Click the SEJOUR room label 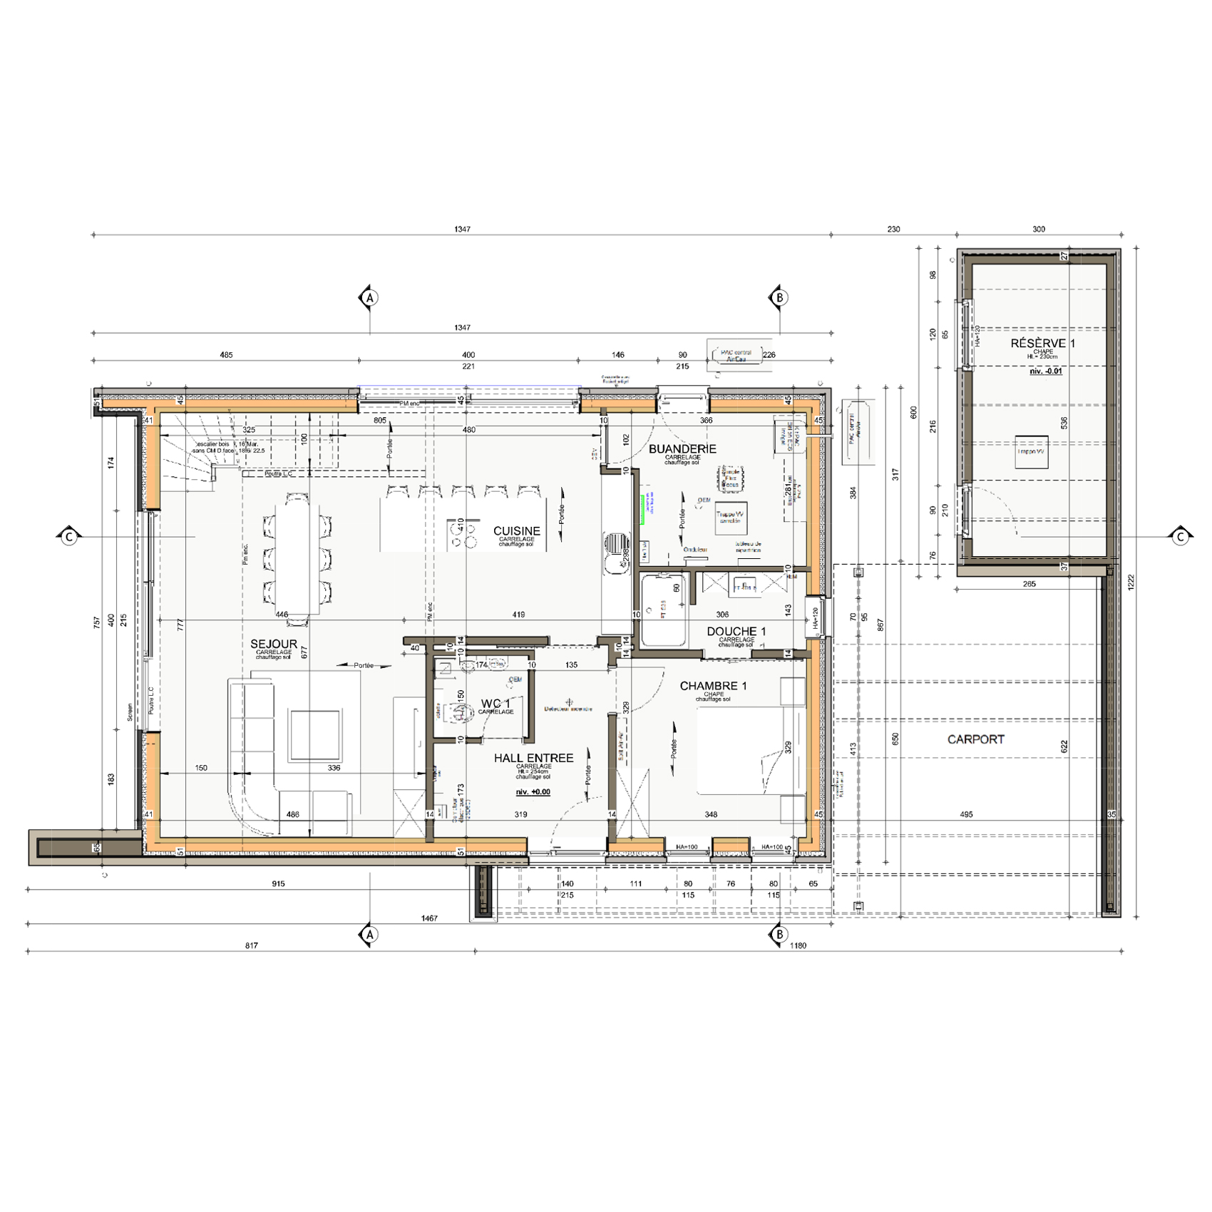tap(274, 644)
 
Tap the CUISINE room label tap(517, 531)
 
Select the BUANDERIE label tap(682, 449)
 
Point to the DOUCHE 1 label tap(736, 632)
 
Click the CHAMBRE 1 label tap(713, 686)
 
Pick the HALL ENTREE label tap(533, 758)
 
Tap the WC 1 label tap(495, 704)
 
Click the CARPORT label tap(975, 739)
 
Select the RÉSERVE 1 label tap(1042, 344)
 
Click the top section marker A tap(369, 298)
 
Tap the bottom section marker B tap(779, 934)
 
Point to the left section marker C tap(69, 536)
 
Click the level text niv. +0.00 tap(533, 792)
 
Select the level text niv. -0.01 tap(1046, 371)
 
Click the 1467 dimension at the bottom tap(429, 918)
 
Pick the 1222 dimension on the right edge tap(1131, 582)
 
